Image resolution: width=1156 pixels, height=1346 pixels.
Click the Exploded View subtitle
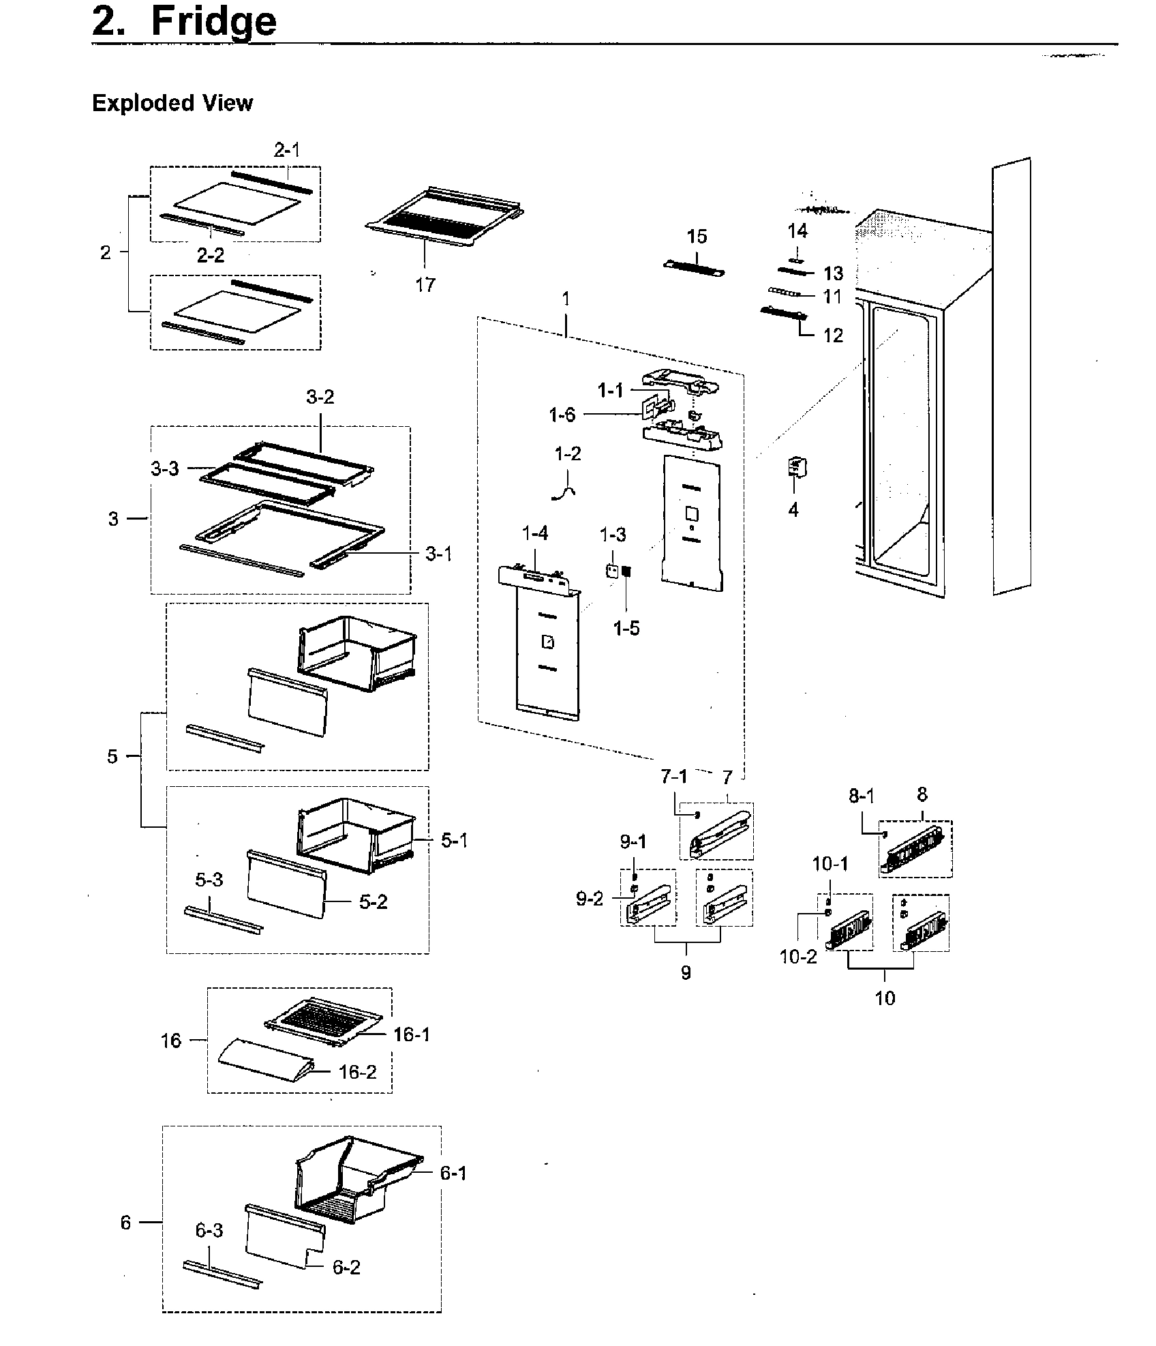point(172,103)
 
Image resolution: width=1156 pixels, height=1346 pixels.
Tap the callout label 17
point(425,285)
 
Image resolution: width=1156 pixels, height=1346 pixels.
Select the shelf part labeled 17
point(443,218)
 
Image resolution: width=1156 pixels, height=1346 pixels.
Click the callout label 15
point(697,237)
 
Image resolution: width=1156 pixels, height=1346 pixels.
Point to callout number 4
point(793,510)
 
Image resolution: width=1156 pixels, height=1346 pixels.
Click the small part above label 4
point(796,468)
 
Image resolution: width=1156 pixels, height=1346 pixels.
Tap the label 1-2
point(568,453)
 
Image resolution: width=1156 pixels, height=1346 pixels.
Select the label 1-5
point(626,628)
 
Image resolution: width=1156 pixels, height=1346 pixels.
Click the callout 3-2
point(320,397)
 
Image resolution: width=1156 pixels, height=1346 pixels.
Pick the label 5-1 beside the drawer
point(454,841)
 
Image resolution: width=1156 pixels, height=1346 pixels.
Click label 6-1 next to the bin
point(453,1173)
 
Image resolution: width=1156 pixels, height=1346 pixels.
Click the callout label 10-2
point(797,957)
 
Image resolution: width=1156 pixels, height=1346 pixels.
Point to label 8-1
point(862,796)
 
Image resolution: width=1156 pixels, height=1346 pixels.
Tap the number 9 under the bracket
point(686,973)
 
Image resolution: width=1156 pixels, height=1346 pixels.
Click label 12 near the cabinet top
point(833,335)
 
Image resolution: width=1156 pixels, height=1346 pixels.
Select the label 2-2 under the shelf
point(211,255)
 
